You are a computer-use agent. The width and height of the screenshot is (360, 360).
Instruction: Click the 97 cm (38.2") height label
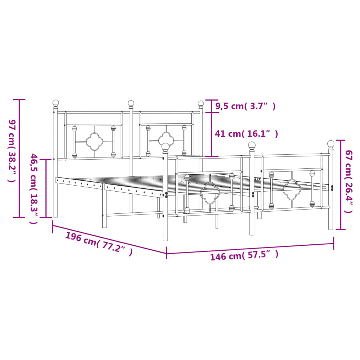tap(11, 150)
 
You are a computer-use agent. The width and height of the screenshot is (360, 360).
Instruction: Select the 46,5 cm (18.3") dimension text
tap(34, 188)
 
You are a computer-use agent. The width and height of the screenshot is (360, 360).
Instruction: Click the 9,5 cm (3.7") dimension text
tap(245, 106)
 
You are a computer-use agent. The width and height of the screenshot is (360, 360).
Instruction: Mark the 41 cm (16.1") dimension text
tap(246, 134)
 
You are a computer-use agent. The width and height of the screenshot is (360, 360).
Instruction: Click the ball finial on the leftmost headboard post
tap(56, 103)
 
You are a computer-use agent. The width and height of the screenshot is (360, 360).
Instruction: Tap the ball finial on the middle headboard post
tap(131, 103)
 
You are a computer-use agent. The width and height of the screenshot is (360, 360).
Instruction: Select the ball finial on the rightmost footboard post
tap(331, 143)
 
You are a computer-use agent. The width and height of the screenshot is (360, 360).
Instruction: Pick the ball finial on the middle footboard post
tap(252, 145)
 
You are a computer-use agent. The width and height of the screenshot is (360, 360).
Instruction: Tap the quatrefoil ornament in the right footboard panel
tap(291, 189)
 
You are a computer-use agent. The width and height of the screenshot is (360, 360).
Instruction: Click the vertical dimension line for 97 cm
tap(19, 158)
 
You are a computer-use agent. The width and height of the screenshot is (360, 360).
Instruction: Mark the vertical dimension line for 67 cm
tap(340, 185)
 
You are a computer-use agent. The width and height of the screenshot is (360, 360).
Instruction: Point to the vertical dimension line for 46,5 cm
tap(46, 188)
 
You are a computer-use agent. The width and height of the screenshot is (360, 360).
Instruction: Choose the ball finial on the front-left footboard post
tap(165, 147)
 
